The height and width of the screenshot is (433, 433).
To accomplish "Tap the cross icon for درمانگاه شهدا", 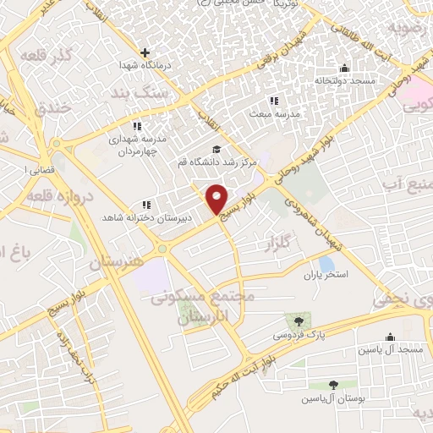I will click(145, 52).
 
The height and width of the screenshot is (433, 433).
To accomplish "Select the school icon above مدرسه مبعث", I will click(272, 101).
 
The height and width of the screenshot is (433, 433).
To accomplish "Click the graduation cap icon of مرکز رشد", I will click(214, 150).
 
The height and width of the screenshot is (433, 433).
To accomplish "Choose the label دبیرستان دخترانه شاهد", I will click(146, 217).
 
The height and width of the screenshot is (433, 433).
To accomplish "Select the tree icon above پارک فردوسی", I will click(298, 321).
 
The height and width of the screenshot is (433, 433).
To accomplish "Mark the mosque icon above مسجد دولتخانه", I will click(344, 69).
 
